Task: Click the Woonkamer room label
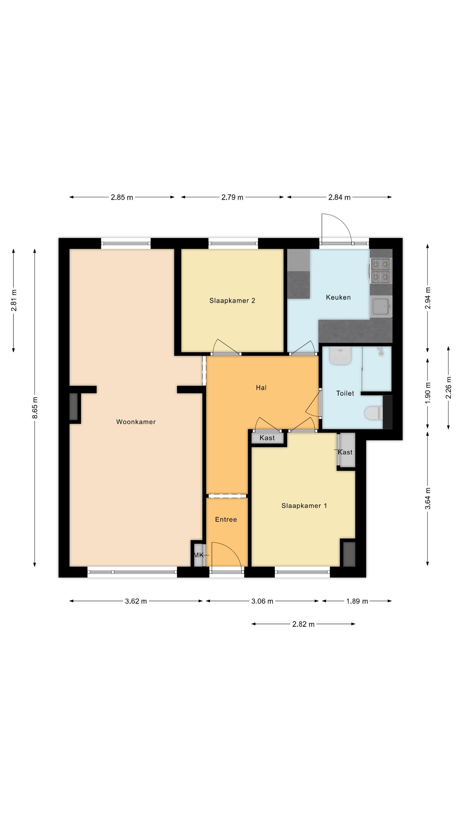tap(136, 422)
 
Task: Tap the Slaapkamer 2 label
tap(232, 300)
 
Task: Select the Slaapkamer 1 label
tap(304, 505)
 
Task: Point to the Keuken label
tap(338, 297)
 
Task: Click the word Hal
tap(261, 388)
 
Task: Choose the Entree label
tap(226, 519)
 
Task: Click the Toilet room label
tap(345, 393)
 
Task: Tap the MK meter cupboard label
tap(199, 555)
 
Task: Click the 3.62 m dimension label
tap(136, 601)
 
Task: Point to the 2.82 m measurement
tap(303, 624)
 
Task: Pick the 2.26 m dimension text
tap(448, 388)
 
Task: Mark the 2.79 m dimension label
tap(232, 197)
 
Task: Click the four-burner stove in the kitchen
tap(381, 271)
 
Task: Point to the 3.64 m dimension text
tap(428, 498)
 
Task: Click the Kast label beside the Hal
tap(267, 438)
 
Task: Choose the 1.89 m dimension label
tap(357, 601)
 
